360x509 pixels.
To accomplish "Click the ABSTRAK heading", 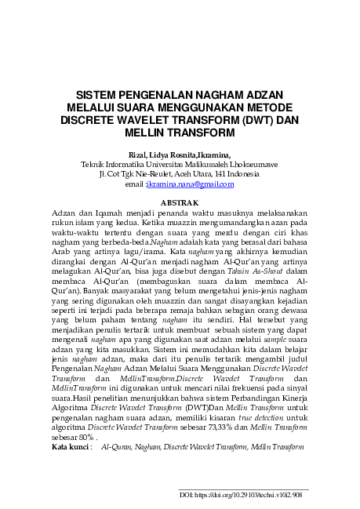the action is click(180, 203).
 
